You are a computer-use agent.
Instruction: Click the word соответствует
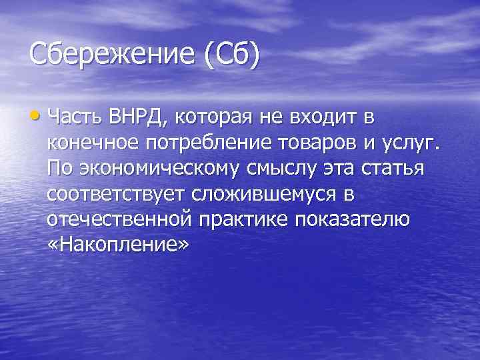116,195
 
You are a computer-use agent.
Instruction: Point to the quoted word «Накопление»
119,245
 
